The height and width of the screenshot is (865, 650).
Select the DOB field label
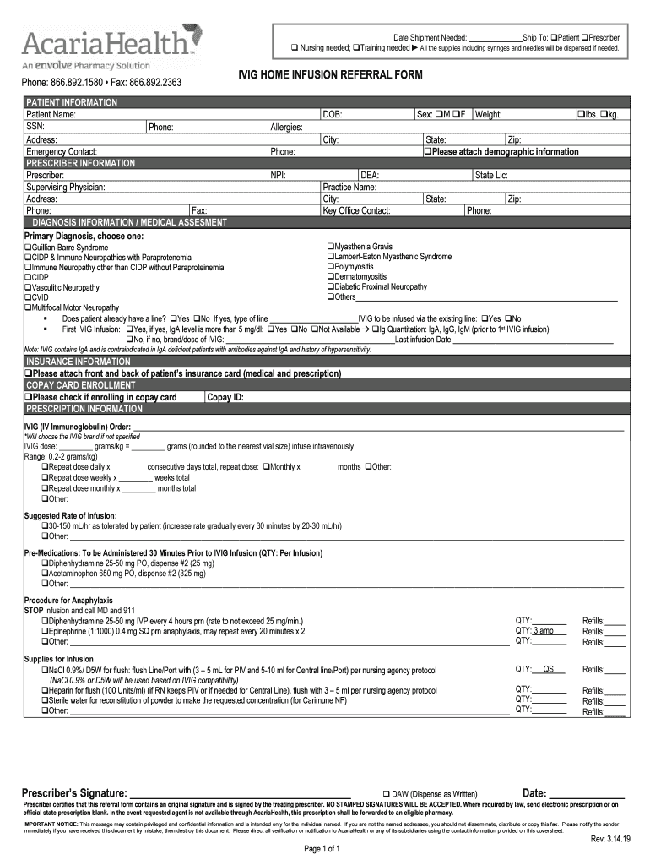click(x=332, y=114)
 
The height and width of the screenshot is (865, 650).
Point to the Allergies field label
click(x=286, y=127)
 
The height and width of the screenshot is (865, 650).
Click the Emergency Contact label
click(x=61, y=152)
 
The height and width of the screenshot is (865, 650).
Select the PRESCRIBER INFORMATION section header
click(x=80, y=163)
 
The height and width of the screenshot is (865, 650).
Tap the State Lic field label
click(x=491, y=175)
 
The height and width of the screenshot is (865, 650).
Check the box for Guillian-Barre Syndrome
click(x=28, y=248)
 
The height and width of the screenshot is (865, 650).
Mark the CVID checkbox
click(x=28, y=297)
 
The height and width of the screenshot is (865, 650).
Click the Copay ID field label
click(x=225, y=397)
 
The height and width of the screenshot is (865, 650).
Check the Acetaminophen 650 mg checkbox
click(x=46, y=573)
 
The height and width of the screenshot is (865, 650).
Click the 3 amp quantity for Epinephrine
click(x=544, y=631)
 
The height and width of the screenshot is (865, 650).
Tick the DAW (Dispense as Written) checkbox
click(x=386, y=794)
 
